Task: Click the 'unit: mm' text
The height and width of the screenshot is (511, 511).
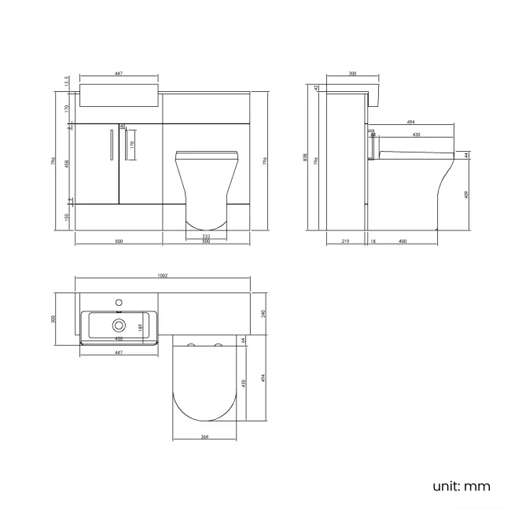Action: pyautogui.click(x=461, y=486)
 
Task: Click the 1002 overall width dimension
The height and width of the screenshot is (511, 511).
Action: pyautogui.click(x=163, y=276)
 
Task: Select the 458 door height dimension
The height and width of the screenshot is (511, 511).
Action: pyautogui.click(x=67, y=164)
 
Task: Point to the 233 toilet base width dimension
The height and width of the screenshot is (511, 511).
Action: pyautogui.click(x=206, y=236)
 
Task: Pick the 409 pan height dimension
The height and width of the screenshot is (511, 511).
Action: pyautogui.click(x=466, y=194)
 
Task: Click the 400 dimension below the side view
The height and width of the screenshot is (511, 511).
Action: pyautogui.click(x=403, y=241)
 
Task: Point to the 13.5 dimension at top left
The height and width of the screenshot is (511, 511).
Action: pyautogui.click(x=67, y=82)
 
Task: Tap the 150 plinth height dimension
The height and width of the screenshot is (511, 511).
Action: pyautogui.click(x=67, y=216)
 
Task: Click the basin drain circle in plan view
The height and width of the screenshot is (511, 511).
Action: pyautogui.click(x=119, y=325)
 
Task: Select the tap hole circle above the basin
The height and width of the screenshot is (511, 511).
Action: pyautogui.click(x=119, y=301)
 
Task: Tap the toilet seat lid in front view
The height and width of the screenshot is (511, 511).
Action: pyautogui.click(x=205, y=151)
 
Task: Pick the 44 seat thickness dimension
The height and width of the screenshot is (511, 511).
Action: pyautogui.click(x=466, y=155)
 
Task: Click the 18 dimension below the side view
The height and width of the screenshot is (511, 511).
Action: pyautogui.click(x=373, y=241)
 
